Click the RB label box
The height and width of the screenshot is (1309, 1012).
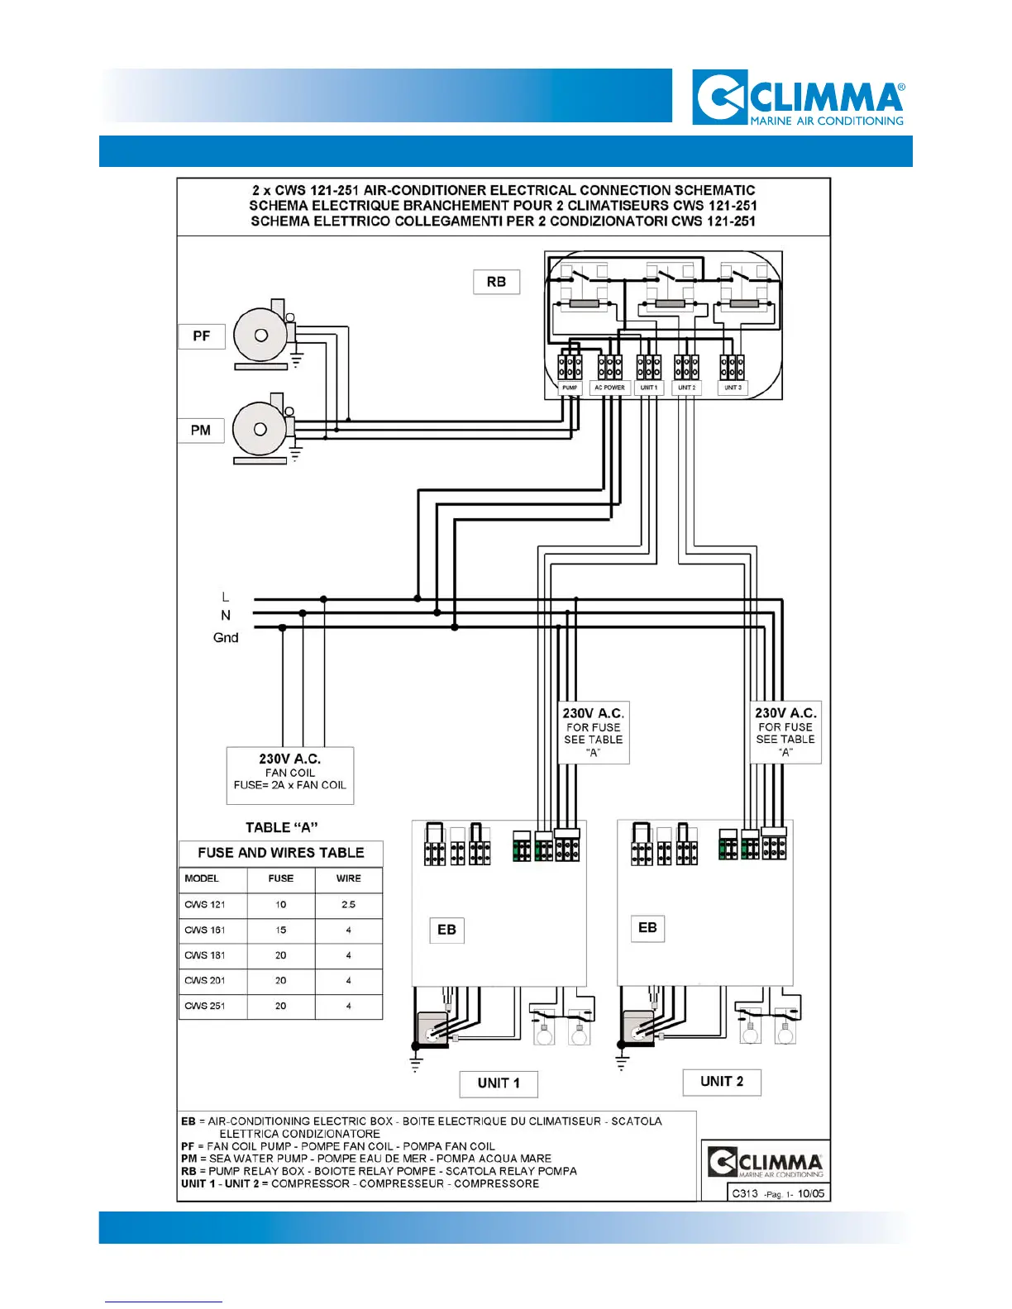coord(496,282)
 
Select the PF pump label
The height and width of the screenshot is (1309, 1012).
coord(202,336)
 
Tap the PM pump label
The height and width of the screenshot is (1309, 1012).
coord(201,431)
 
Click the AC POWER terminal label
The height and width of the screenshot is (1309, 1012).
coord(609,388)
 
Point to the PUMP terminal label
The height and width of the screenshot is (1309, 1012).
coord(570,388)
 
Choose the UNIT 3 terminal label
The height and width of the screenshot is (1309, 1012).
coord(733,388)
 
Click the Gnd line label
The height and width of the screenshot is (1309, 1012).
coord(226,638)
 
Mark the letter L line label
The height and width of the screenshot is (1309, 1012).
coord(225,597)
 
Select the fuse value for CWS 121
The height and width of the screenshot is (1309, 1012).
coord(281,905)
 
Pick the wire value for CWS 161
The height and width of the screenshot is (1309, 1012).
coord(348,931)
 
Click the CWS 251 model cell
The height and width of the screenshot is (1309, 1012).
coord(205,1007)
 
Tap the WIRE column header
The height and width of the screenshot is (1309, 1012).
coord(348,878)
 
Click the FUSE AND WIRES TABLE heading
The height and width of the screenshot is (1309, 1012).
coord(281,853)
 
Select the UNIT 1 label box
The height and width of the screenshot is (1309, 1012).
coord(499,1083)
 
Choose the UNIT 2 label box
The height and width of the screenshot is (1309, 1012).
coord(722,1082)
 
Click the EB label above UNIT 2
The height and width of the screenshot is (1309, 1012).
coord(647,928)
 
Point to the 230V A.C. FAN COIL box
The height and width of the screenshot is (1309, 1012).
coord(290,775)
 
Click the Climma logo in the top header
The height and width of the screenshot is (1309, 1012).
coord(799,98)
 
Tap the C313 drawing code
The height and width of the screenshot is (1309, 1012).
coord(745,1193)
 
